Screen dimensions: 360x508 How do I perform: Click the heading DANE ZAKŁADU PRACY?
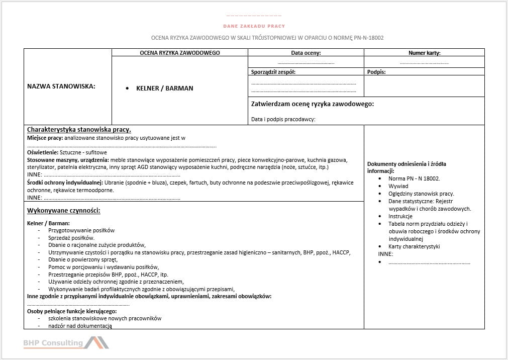pyautogui.click(x=254, y=26)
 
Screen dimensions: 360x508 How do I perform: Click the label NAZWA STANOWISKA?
pyautogui.click(x=61, y=86)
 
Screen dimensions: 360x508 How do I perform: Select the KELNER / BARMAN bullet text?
pyautogui.click(x=164, y=88)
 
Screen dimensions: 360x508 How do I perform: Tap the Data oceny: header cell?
pyautogui.click(x=306, y=53)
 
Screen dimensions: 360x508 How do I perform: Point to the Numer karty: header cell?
pyautogui.click(x=424, y=53)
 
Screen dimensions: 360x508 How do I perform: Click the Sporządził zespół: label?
pyautogui.click(x=273, y=72)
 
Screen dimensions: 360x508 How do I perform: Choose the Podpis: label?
pyautogui.click(x=376, y=72)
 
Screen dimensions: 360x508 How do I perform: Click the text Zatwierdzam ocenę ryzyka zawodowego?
pyautogui.click(x=312, y=104)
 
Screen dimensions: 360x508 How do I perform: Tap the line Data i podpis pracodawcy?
pyautogui.click(x=283, y=120)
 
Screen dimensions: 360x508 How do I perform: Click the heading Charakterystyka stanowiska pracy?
pyautogui.click(x=79, y=130)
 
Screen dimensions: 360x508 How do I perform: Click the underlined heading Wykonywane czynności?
pyautogui.click(x=63, y=210)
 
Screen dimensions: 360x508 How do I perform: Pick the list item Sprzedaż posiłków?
pyautogui.click(x=71, y=238)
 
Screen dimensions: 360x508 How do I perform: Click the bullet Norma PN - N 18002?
pyautogui.click(x=414, y=178)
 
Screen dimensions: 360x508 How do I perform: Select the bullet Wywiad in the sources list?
pyautogui.click(x=398, y=186)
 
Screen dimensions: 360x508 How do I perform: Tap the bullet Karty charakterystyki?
pyautogui.click(x=414, y=246)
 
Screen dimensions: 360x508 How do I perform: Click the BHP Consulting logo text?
pyautogui.click(x=53, y=343)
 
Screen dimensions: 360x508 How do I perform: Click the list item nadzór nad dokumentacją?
pyautogui.click(x=80, y=326)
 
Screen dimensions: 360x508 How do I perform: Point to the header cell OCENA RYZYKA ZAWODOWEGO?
pyautogui.click(x=180, y=53)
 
